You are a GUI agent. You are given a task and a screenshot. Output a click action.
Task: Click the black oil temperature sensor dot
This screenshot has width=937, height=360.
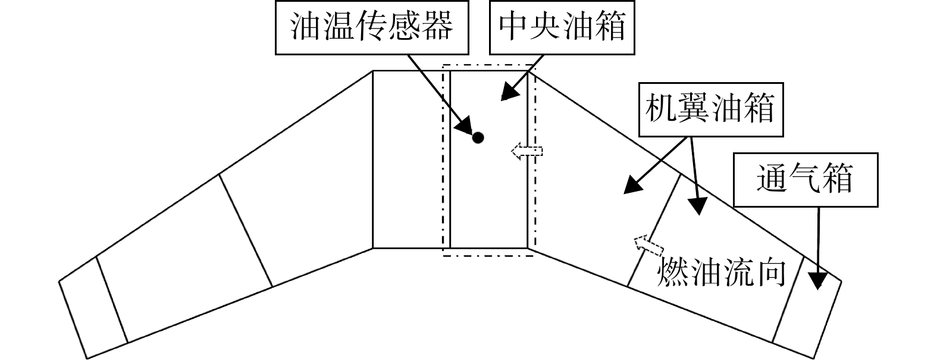(x=478, y=137)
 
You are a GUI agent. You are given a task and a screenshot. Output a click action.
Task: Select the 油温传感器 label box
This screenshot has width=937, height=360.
(x=371, y=27)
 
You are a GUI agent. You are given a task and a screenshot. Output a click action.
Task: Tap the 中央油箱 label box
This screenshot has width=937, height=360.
(x=562, y=27)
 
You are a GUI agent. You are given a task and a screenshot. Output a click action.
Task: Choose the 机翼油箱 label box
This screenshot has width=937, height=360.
(x=711, y=109)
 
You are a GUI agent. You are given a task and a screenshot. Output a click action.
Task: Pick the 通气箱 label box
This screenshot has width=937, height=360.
(x=806, y=180)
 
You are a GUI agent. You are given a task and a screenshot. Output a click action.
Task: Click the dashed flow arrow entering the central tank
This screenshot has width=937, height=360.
(x=527, y=151)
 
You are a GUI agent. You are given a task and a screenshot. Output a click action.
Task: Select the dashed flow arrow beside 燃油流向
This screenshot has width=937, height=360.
(x=648, y=246)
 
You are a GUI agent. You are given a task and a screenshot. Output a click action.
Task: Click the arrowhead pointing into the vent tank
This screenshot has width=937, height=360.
(x=818, y=280)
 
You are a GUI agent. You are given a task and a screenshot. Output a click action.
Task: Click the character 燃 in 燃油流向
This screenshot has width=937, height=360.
(x=673, y=272)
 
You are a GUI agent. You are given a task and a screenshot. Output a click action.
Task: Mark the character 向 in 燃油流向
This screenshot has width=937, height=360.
(x=770, y=272)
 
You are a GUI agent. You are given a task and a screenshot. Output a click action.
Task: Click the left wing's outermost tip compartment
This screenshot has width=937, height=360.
(x=93, y=308)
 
